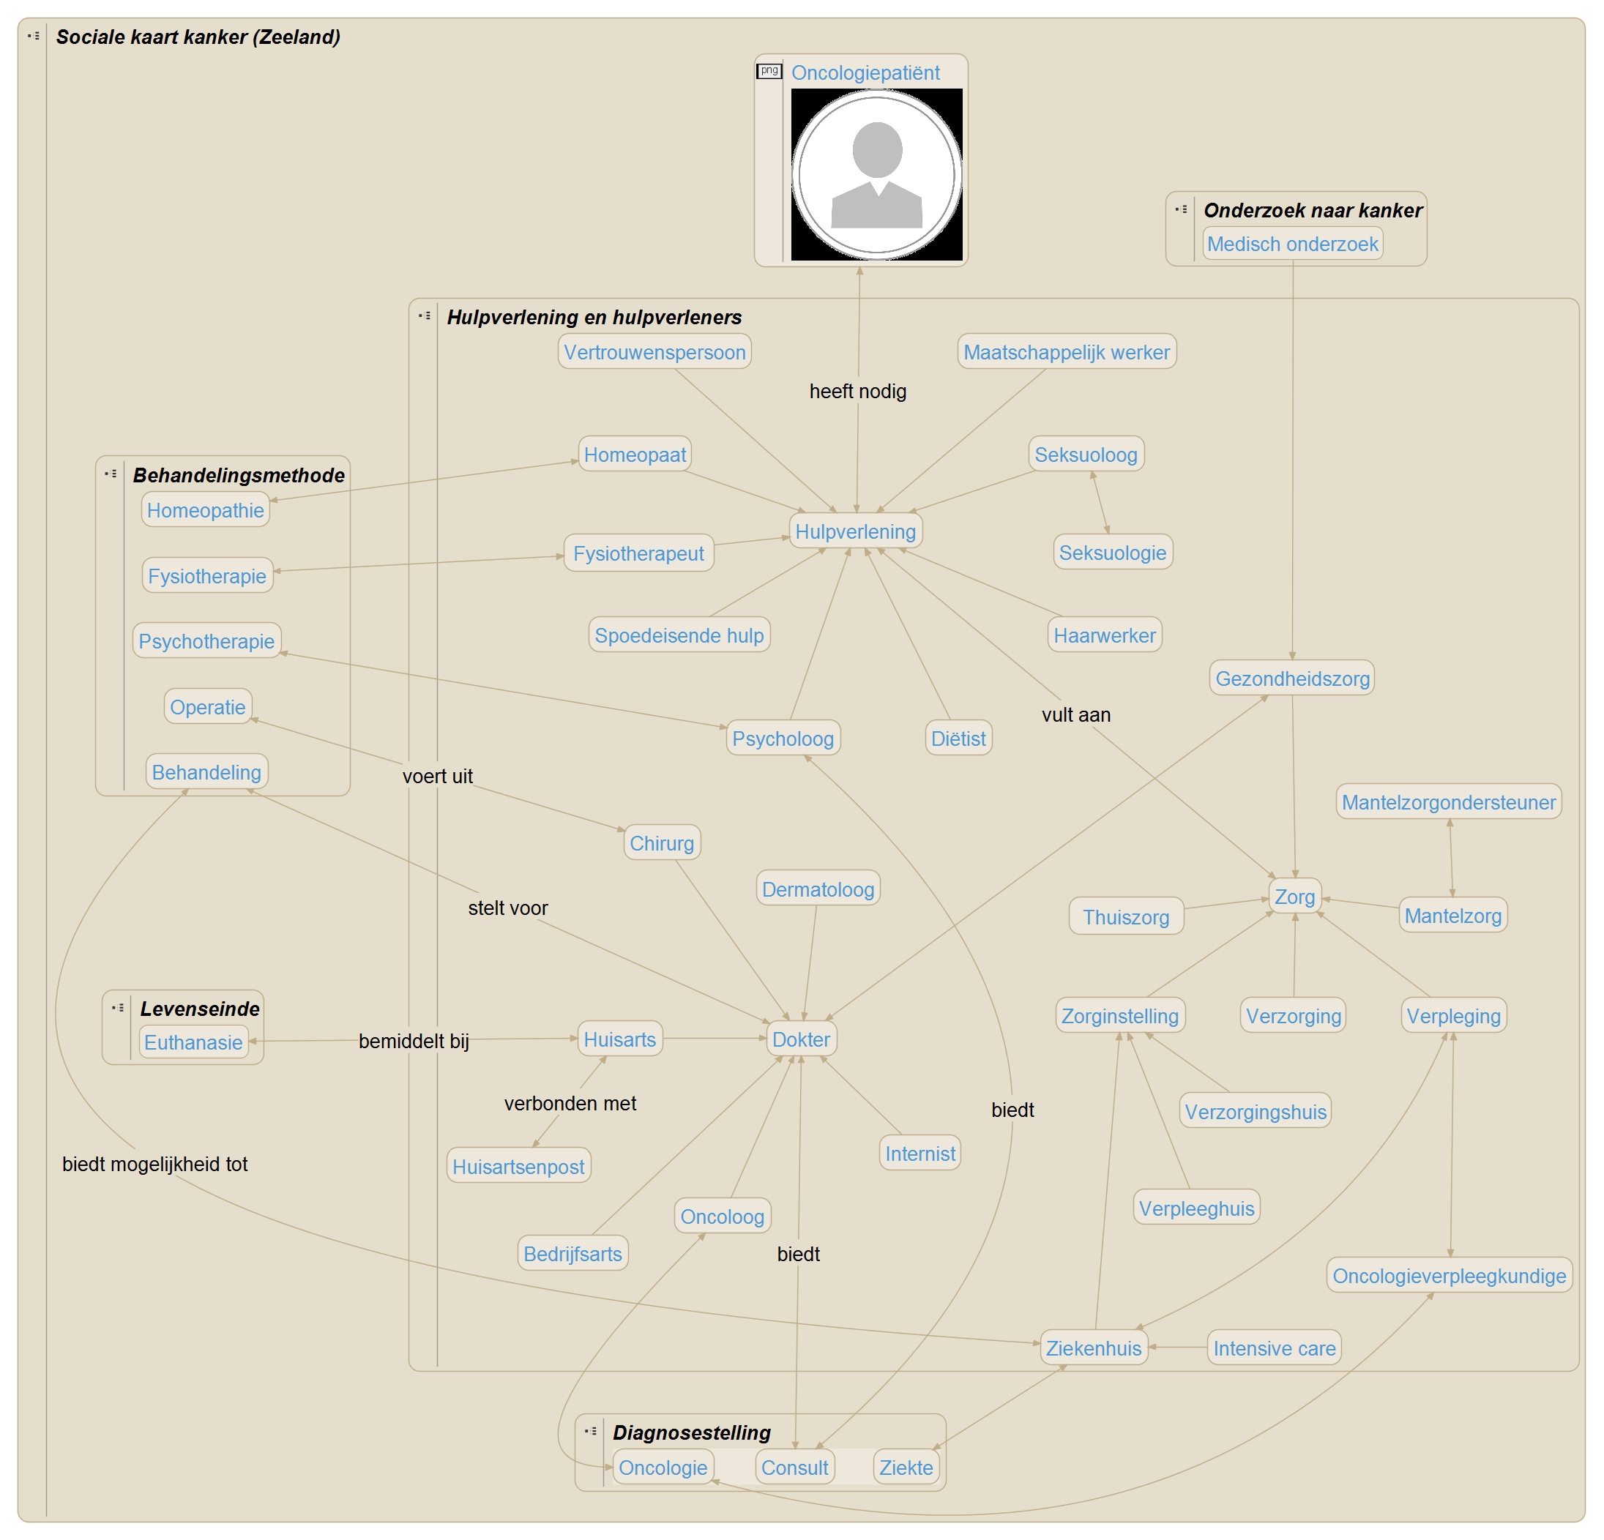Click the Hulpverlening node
tap(855, 531)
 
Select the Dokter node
tap(800, 1039)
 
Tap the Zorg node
tap(1294, 897)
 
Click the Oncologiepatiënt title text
tap(865, 72)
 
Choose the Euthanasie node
tap(193, 1042)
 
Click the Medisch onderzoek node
tap(1292, 244)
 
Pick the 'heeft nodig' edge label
tap(858, 391)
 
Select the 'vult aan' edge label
tap(1075, 714)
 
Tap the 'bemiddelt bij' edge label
tap(414, 1041)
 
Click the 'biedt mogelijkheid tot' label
tap(154, 1164)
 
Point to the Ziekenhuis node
tap(1093, 1347)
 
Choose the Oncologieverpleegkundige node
tap(1449, 1276)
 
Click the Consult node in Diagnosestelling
tap(794, 1468)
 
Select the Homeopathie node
tap(206, 509)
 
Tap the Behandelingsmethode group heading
tap(238, 476)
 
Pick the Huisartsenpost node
tap(518, 1166)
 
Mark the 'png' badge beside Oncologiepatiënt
tap(769, 71)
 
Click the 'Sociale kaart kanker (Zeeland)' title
tap(198, 37)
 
